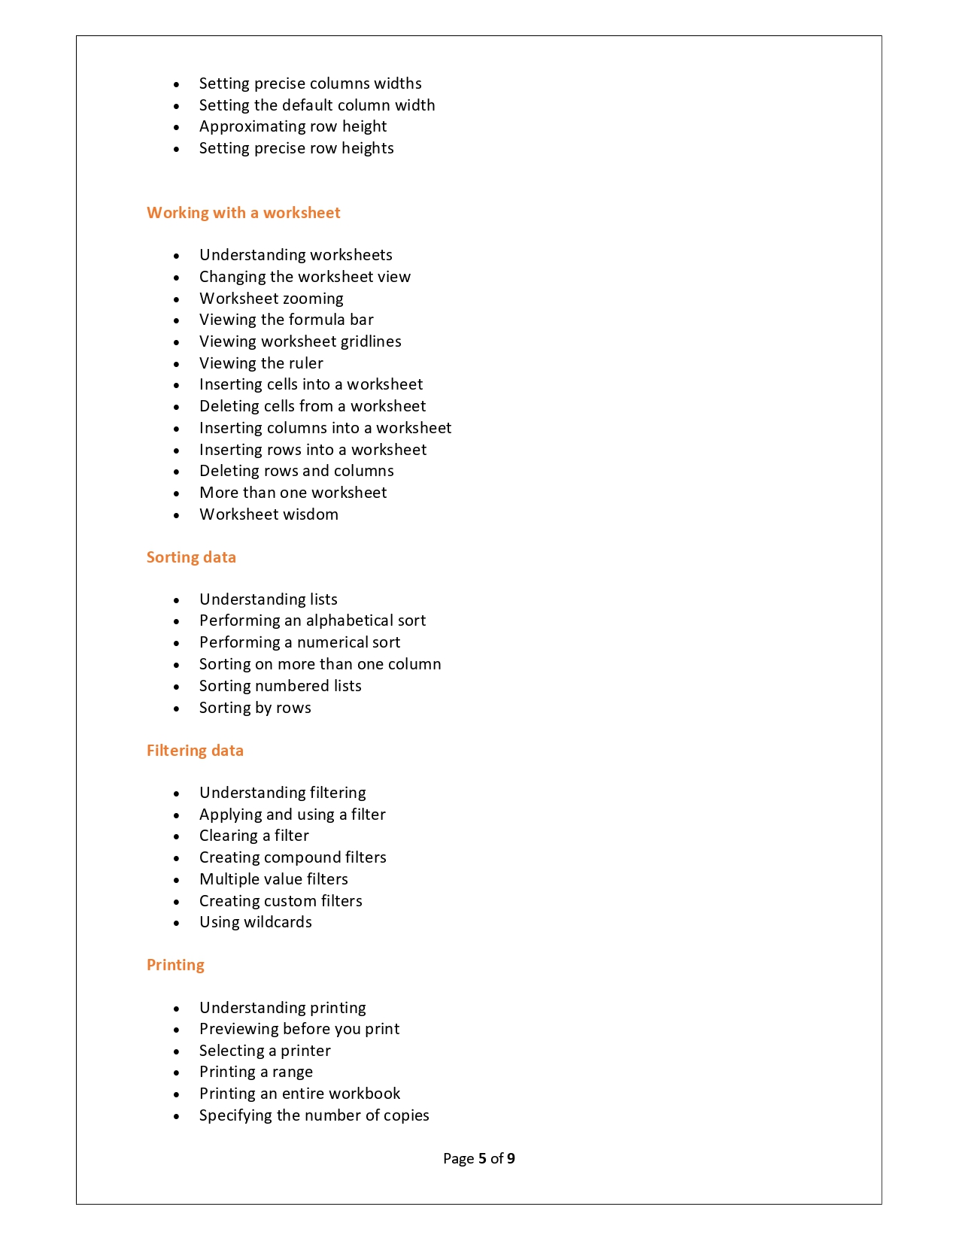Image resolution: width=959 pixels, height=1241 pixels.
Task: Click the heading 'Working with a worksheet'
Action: (243, 213)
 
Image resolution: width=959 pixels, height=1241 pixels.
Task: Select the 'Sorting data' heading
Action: (191, 557)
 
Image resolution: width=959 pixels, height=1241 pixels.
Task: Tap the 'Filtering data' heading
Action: (195, 751)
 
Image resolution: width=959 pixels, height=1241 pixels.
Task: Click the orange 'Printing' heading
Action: (175, 965)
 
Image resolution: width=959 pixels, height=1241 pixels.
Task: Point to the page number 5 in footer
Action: (482, 1158)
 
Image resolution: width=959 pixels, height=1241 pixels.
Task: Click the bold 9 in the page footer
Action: (511, 1158)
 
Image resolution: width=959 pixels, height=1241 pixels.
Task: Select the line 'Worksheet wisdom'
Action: (269, 514)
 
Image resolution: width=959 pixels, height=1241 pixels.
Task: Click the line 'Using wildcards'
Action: (255, 922)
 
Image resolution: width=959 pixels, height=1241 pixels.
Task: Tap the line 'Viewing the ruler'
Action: (261, 363)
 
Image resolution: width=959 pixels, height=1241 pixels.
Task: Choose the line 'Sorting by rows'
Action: (255, 708)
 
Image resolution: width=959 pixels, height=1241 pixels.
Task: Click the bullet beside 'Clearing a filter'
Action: (177, 836)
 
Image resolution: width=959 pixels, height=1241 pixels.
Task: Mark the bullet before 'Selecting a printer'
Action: (177, 1051)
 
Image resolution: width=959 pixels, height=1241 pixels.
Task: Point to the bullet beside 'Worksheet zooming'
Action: (177, 299)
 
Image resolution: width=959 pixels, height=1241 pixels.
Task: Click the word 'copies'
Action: (406, 1115)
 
